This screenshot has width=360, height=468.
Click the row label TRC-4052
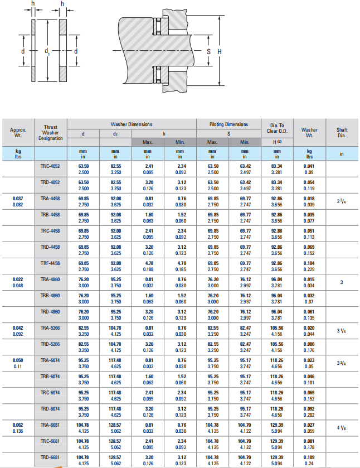50,166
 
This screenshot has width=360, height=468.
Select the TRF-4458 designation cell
50,262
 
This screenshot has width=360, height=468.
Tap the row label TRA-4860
50,278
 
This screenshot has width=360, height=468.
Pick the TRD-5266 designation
50,344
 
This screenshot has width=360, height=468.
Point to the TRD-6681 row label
50,457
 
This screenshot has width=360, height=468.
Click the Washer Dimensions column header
132,124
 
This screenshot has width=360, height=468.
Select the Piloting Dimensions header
228,124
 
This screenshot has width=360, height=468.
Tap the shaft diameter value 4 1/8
342,428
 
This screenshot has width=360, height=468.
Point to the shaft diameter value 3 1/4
342,330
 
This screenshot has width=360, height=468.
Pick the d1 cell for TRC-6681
115,443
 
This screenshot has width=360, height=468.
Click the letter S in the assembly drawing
208,51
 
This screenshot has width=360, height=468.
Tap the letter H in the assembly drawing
219,51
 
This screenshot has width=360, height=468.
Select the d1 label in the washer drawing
47,51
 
